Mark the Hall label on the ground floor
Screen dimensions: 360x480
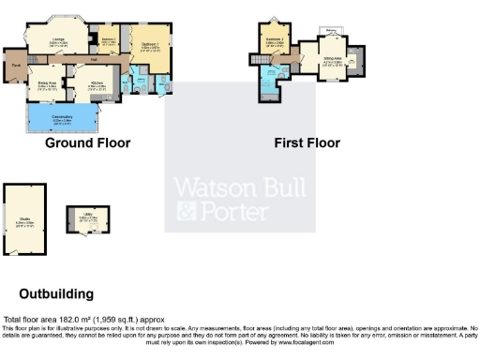(96, 62)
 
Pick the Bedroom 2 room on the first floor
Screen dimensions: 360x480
(274, 41)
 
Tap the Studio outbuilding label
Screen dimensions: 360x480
(22, 221)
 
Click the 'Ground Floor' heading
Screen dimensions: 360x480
(87, 143)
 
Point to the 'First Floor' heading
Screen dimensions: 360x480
(307, 143)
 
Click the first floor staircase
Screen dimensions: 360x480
(255, 61)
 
